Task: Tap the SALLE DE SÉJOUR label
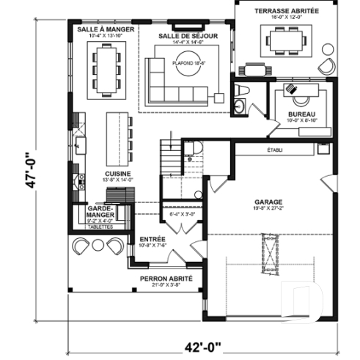point(185,35)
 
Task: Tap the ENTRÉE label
point(153,239)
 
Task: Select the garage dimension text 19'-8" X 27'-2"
point(268,208)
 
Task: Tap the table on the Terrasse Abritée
point(283,43)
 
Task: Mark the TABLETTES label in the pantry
point(100,227)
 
